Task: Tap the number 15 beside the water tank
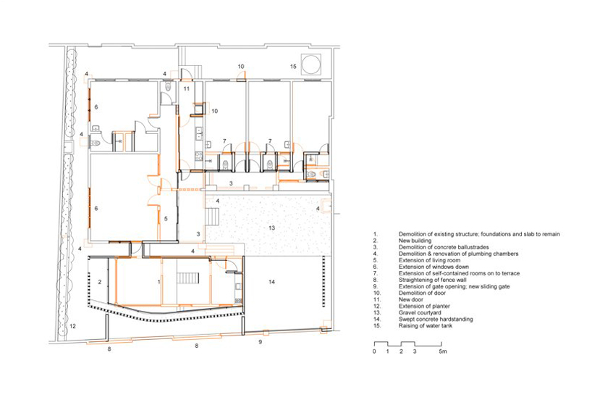tap(293, 67)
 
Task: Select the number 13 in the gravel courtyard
tap(271, 228)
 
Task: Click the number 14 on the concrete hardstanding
tap(271, 282)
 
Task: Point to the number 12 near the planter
tap(72, 326)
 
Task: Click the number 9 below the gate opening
tap(260, 342)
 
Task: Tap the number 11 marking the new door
tap(187, 89)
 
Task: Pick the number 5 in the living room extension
tap(165, 219)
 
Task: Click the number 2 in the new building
tap(100, 282)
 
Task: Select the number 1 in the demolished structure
tap(159, 282)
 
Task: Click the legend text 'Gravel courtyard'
tap(420, 313)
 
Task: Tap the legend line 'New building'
tap(415, 241)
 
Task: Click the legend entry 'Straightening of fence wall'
tap(432, 280)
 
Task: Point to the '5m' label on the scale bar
tap(443, 351)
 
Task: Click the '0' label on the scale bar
tap(374, 351)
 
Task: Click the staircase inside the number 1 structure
tap(188, 278)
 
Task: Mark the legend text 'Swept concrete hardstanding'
tap(436, 319)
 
